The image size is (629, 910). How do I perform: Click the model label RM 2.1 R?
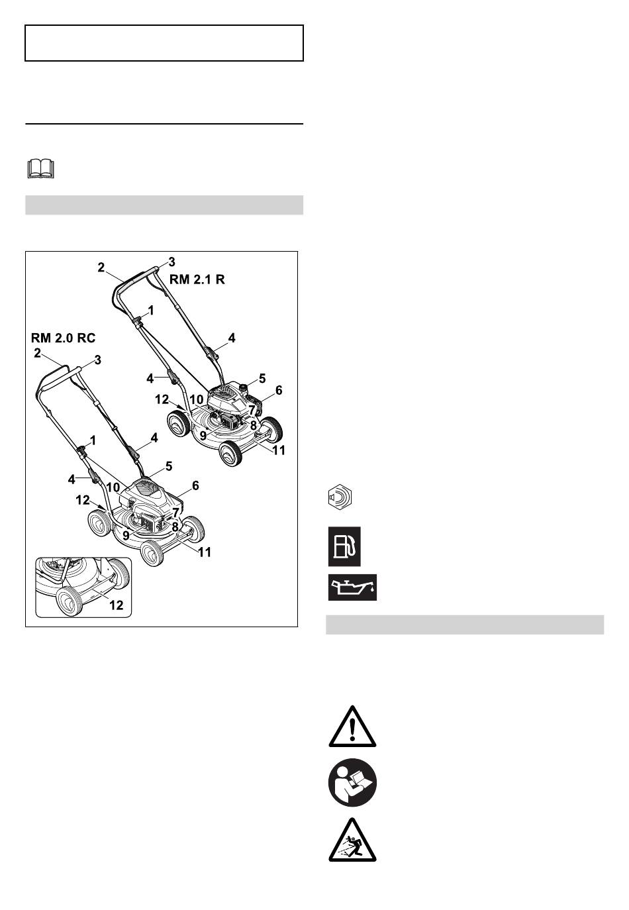click(197, 279)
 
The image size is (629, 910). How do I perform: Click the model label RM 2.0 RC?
click(63, 338)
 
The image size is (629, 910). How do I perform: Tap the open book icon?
click(41, 169)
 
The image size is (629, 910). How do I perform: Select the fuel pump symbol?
click(344, 546)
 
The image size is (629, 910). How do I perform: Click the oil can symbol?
click(352, 587)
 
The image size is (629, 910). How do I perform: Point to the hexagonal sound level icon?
click(340, 497)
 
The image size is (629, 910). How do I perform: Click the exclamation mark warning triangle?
click(352, 728)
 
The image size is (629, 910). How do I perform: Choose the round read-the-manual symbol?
click(352, 782)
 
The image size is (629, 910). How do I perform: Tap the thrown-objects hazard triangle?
click(352, 840)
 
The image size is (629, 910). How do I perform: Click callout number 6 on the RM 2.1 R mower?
click(279, 390)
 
